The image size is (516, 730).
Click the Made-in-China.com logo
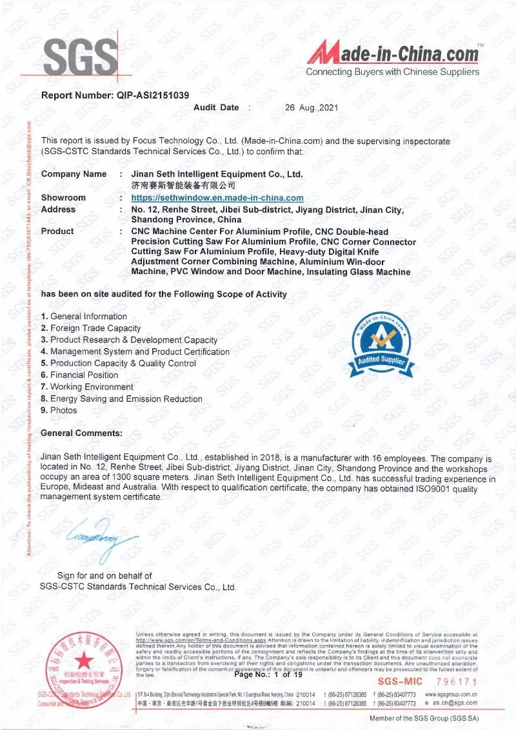(x=393, y=55)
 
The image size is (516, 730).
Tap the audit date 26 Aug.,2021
(x=311, y=108)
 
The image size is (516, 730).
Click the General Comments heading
(x=81, y=433)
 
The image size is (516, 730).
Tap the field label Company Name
(x=74, y=174)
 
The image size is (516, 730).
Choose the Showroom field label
(x=63, y=198)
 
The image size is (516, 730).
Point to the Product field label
(x=57, y=231)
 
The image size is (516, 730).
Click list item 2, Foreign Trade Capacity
(x=90, y=328)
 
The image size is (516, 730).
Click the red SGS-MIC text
(x=399, y=682)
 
